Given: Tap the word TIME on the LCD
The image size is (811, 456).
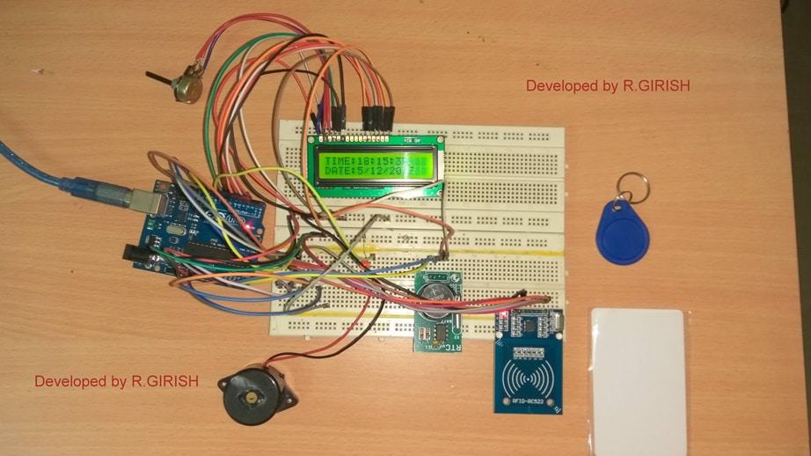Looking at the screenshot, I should point(336,161).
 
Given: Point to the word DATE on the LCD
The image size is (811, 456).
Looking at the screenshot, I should point(336,172).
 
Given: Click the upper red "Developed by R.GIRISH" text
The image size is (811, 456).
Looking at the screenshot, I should point(608,86).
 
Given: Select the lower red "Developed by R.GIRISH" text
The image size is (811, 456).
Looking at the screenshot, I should point(116,381).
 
